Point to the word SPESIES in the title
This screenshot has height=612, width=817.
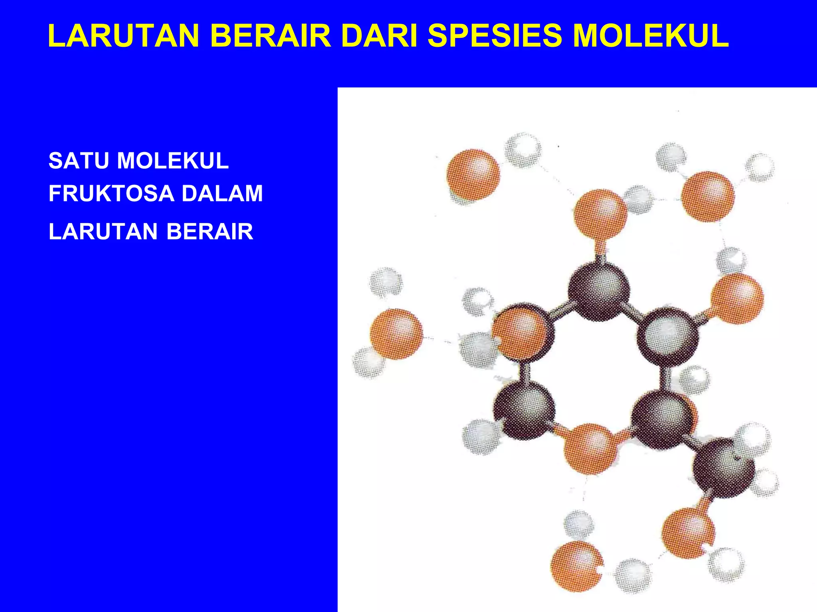point(495,36)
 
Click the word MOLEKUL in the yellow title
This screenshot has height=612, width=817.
point(651,36)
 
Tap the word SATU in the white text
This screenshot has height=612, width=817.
point(78,161)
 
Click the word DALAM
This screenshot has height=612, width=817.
point(222,193)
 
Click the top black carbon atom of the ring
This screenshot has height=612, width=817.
point(598,291)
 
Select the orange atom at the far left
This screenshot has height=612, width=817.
point(396,334)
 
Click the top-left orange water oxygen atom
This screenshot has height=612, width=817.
point(473,175)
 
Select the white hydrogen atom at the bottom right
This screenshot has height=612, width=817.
point(726,565)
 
